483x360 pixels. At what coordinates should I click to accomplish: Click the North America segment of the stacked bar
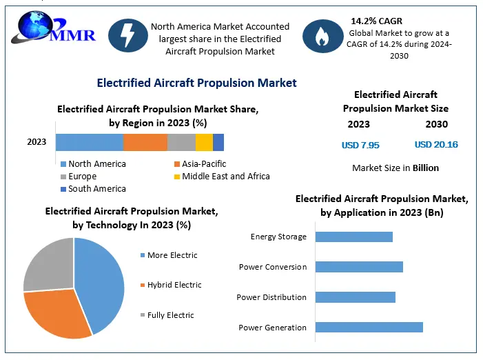pyautogui.click(x=89, y=142)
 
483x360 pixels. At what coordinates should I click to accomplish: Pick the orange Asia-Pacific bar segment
pyautogui.click(x=145, y=142)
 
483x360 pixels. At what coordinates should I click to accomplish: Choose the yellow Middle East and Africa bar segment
pyautogui.click(x=204, y=142)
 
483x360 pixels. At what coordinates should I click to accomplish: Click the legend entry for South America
pyautogui.click(x=96, y=189)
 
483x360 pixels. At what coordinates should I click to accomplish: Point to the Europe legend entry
pyautogui.click(x=83, y=177)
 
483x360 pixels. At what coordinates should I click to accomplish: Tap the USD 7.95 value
pyautogui.click(x=360, y=146)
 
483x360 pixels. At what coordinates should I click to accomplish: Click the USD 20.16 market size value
pyautogui.click(x=436, y=145)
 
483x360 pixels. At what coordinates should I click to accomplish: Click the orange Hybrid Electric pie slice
pyautogui.click(x=59, y=314)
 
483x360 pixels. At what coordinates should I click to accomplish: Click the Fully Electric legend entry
pyautogui.click(x=171, y=315)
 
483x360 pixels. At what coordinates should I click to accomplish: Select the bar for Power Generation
pyautogui.click(x=369, y=327)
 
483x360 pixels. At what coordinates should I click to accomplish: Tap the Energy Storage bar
pyautogui.click(x=353, y=237)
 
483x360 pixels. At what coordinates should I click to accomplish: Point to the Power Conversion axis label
pyautogui.click(x=273, y=267)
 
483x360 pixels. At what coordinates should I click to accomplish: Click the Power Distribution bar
pyautogui.click(x=355, y=297)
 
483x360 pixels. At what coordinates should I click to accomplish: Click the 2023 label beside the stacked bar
pyautogui.click(x=37, y=142)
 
